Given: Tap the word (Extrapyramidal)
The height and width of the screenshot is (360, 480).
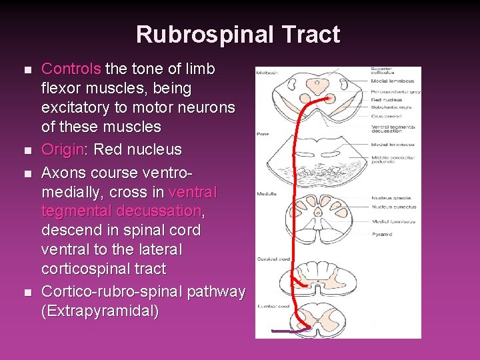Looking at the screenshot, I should pyautogui.click(x=101, y=311).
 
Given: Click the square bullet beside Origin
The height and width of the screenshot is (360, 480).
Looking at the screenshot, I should pyautogui.click(x=27, y=150).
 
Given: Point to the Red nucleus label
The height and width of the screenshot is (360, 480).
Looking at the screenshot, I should pyautogui.click(x=387, y=100).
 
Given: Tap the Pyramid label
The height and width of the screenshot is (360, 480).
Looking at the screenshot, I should pyautogui.click(x=381, y=234).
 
